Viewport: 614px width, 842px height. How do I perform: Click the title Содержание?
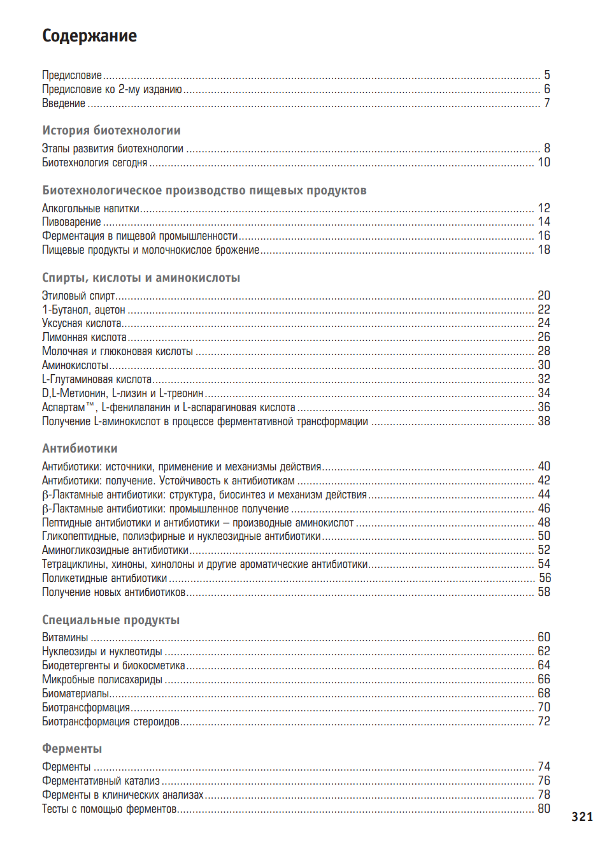pos(89,36)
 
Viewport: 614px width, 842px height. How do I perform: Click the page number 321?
pos(582,817)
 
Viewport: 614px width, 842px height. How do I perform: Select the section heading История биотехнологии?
pos(111,130)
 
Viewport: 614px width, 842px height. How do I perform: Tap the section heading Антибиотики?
pos(80,448)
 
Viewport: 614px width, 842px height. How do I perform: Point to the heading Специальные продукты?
pos(111,620)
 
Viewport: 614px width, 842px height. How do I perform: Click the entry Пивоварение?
pos(71,222)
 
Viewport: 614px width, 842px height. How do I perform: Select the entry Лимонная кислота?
pos(84,337)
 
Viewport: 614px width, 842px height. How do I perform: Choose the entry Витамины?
pos(65,637)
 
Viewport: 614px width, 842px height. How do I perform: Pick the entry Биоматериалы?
pos(75,693)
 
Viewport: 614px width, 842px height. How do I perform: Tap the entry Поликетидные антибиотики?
pos(104,578)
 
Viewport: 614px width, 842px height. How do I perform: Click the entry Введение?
pos(64,103)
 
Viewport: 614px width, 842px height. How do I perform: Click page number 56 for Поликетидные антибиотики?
pos(545,578)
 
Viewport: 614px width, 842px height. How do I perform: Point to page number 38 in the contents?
pos(543,421)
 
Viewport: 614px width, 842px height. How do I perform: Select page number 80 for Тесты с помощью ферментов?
pos(543,809)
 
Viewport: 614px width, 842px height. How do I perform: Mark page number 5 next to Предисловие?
pos(546,75)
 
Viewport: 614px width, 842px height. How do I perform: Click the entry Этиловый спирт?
pos(78,296)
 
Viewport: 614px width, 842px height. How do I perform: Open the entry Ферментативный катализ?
pos(101,781)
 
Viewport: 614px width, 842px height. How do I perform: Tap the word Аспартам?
pos(64,407)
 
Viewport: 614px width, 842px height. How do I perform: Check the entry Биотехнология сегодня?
pos(94,163)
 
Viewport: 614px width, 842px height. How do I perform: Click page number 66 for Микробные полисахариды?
pos(543,679)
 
